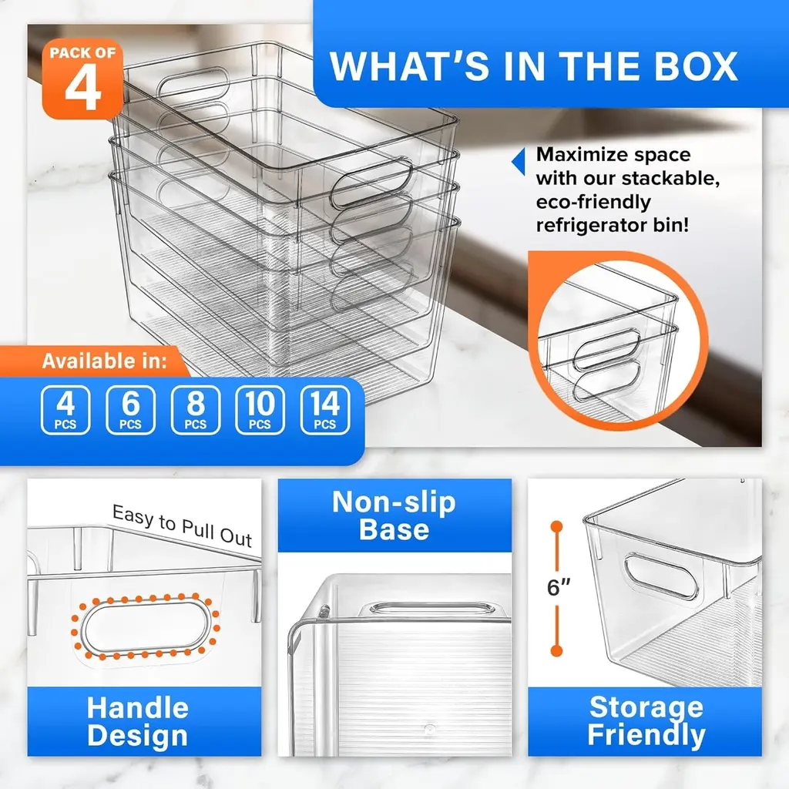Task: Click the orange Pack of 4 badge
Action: pyautogui.click(x=82, y=79)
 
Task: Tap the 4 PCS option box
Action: pyautogui.click(x=65, y=410)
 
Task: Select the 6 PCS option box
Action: pyautogui.click(x=130, y=410)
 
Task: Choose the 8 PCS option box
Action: pyautogui.click(x=195, y=410)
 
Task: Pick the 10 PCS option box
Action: pyautogui.click(x=260, y=410)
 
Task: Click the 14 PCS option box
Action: pyautogui.click(x=325, y=410)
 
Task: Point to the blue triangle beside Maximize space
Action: pyautogui.click(x=519, y=162)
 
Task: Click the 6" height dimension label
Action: pyautogui.click(x=559, y=587)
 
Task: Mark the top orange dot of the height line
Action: pyautogui.click(x=556, y=527)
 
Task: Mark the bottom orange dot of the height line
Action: pyautogui.click(x=556, y=650)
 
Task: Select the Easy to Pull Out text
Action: pyautogui.click(x=182, y=525)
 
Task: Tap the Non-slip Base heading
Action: pyautogui.click(x=394, y=515)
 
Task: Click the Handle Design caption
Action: pyautogui.click(x=137, y=721)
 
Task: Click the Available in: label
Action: pyautogui.click(x=104, y=361)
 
